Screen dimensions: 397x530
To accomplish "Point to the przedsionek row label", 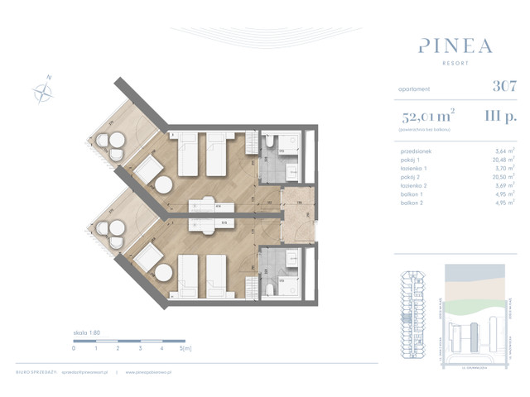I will [x=414, y=151].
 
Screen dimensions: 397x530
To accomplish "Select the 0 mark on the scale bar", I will [x=74, y=348].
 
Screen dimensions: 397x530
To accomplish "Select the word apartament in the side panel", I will [x=416, y=86].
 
